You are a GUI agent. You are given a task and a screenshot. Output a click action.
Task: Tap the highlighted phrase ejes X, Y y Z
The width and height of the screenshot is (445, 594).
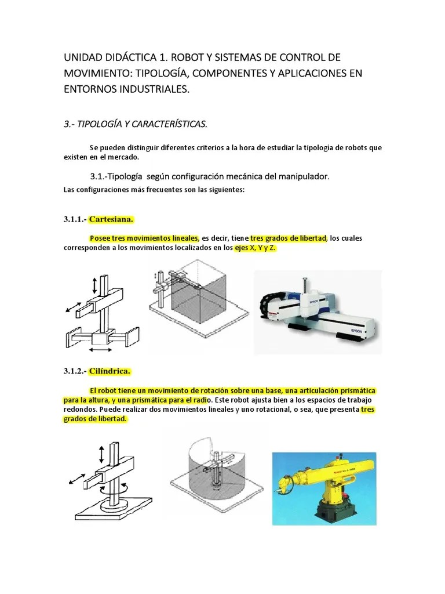(x=255, y=248)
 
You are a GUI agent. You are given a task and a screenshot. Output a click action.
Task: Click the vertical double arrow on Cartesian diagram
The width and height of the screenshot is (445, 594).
(x=95, y=285)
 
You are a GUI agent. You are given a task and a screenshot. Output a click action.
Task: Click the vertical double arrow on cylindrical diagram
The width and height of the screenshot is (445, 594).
(x=102, y=453)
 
